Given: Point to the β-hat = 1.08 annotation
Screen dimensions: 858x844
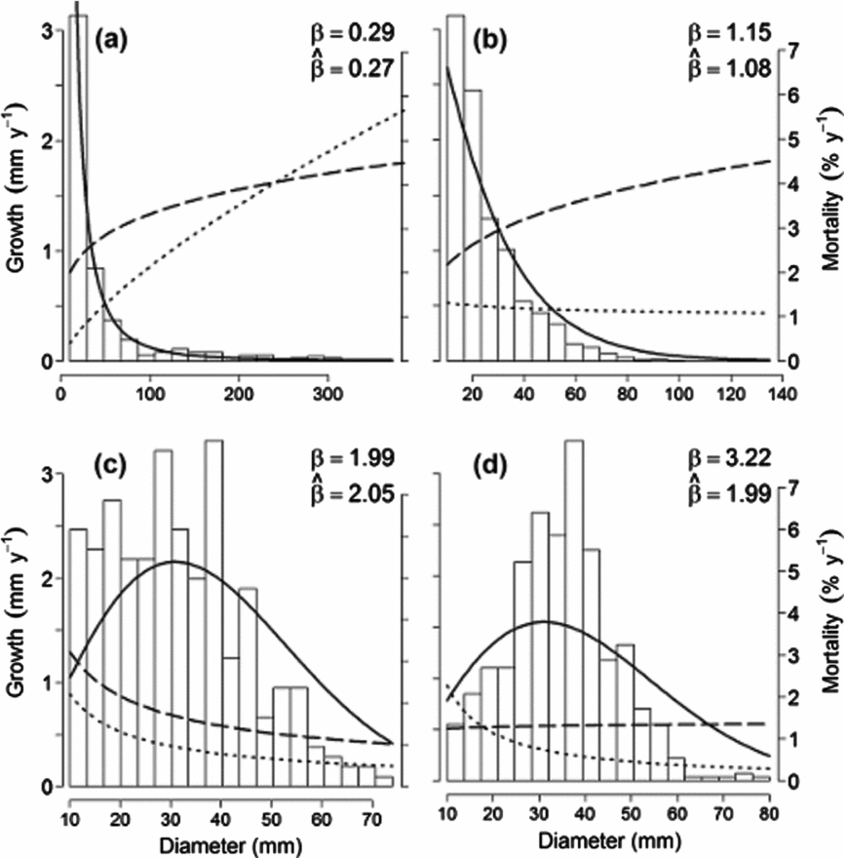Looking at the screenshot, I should (726, 68).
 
